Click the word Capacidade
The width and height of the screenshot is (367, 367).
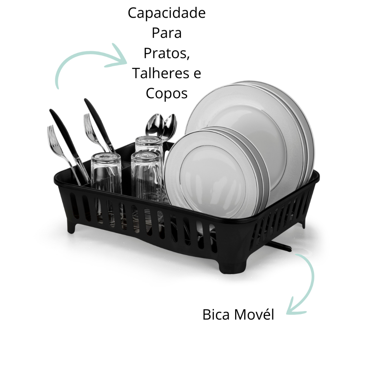coord(166,13)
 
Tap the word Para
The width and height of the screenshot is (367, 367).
coord(166,33)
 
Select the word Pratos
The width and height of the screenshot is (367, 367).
coord(166,54)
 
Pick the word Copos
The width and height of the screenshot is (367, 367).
coord(166,94)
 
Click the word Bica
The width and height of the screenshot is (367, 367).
coord(216,314)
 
